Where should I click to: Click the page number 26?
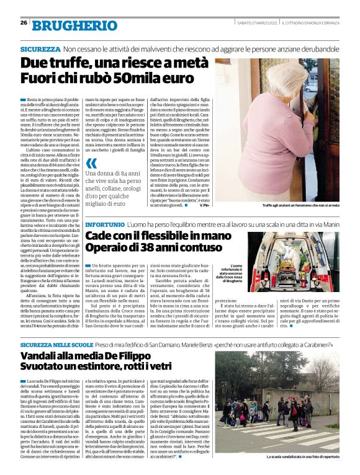pyautogui.click(x=23, y=23)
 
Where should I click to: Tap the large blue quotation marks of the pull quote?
pyautogui.click(x=91, y=164)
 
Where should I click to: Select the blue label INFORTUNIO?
pyautogui.click(x=104, y=223)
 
